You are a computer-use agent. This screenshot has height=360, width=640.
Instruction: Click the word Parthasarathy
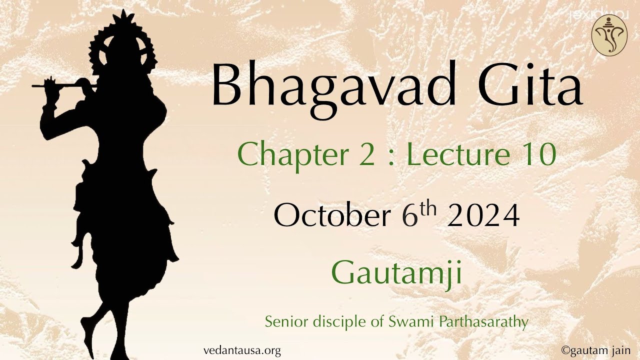coord(483,321)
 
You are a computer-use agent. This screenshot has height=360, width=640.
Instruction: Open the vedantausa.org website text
coord(242,350)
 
